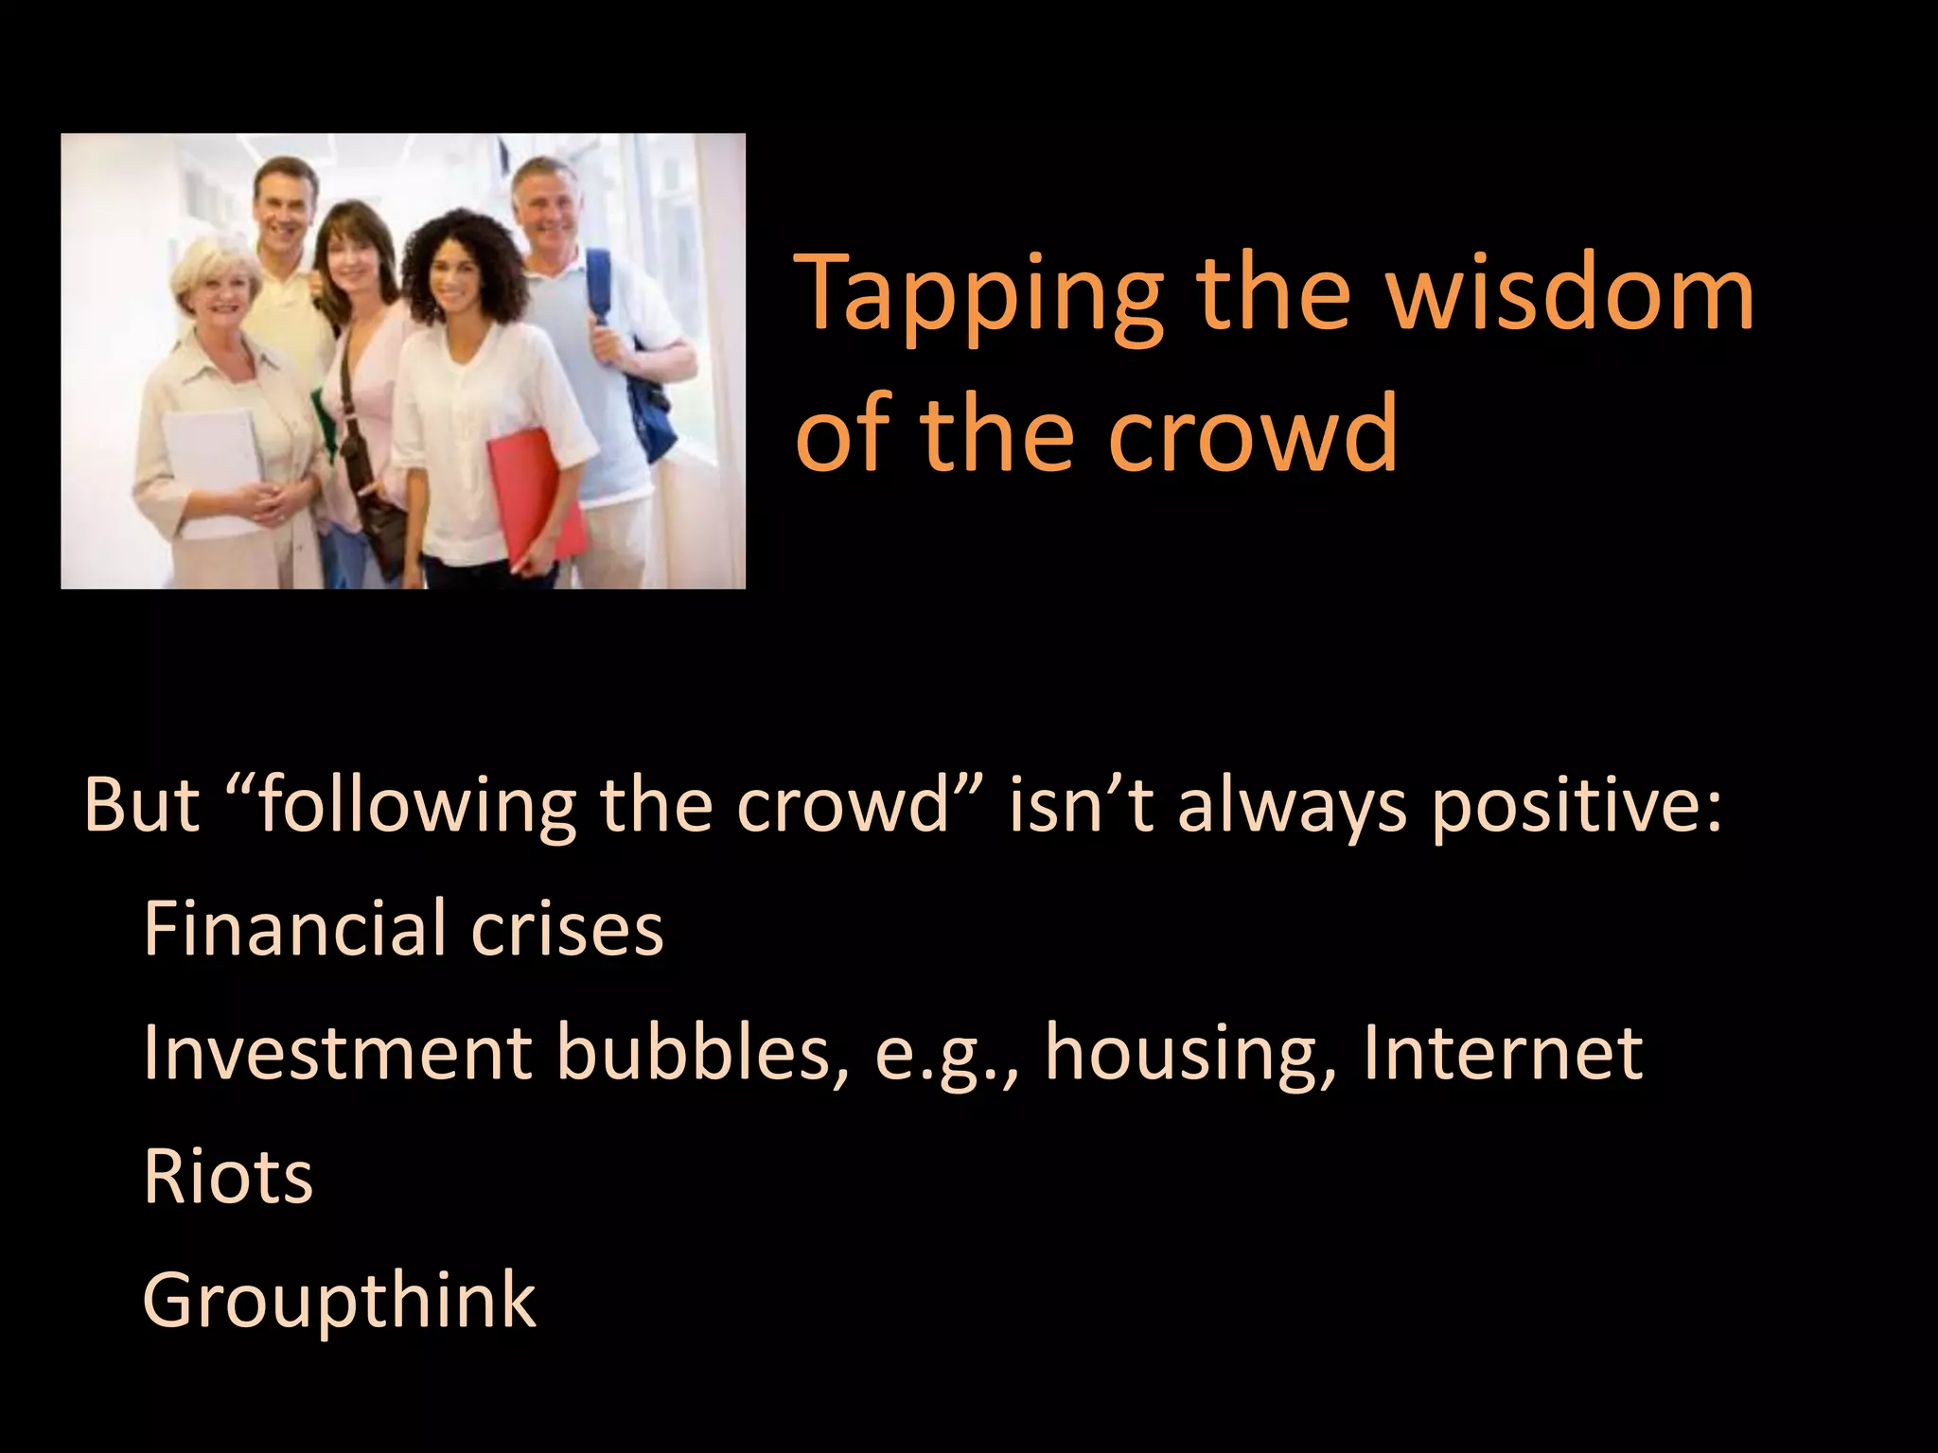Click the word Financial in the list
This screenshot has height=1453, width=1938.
point(294,928)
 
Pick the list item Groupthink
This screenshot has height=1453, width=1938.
point(339,1300)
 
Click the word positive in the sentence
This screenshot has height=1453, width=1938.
point(1576,806)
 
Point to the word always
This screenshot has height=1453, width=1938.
point(1291,806)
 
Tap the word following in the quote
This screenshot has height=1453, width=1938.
point(416,806)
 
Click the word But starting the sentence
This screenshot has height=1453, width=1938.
point(142,806)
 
